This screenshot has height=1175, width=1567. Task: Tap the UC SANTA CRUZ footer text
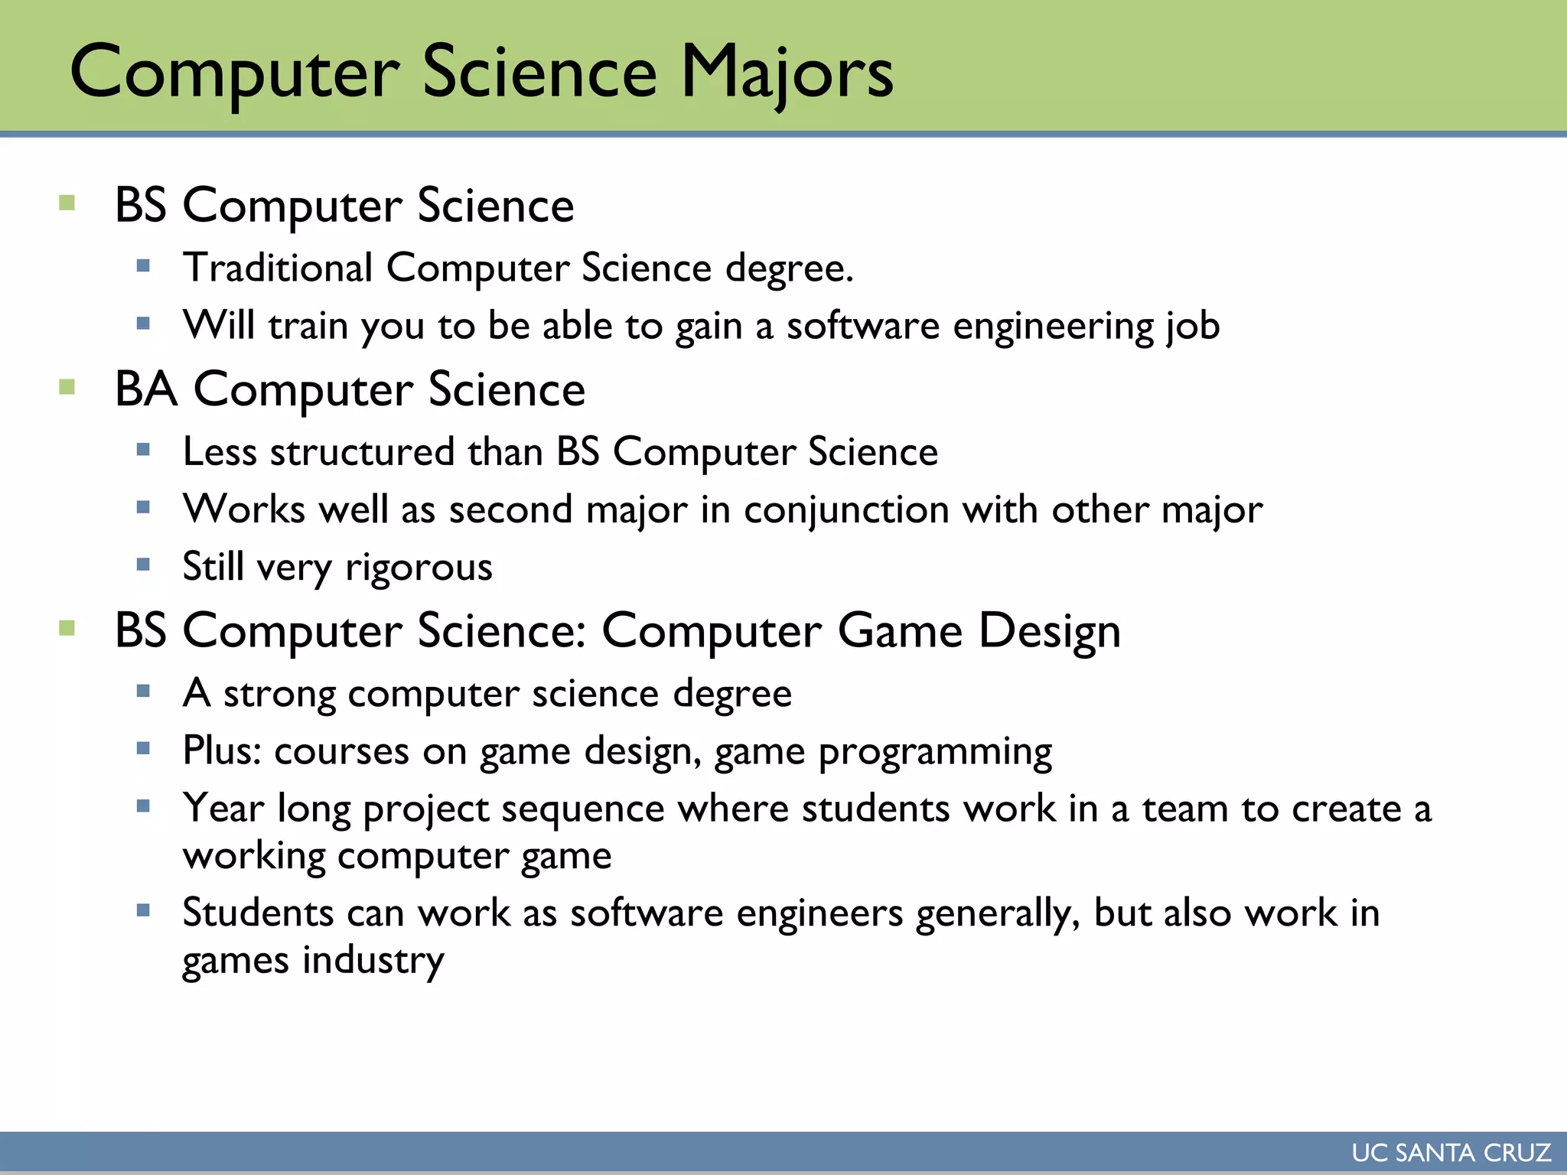click(x=1451, y=1152)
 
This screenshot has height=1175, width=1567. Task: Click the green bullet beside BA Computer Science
click(x=67, y=386)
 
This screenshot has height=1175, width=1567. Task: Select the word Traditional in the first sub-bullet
click(x=278, y=268)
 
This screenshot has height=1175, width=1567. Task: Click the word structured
click(x=363, y=451)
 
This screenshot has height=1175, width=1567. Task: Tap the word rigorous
click(x=419, y=568)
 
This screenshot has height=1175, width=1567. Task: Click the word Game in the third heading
click(x=900, y=631)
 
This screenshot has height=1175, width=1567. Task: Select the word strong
click(x=279, y=694)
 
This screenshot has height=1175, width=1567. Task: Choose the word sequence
click(x=583, y=809)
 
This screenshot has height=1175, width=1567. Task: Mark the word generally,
click(x=998, y=913)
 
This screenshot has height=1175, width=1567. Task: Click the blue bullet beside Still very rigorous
click(x=143, y=565)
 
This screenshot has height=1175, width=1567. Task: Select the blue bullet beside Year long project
click(x=143, y=806)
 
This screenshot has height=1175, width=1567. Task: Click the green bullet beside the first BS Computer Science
click(x=67, y=203)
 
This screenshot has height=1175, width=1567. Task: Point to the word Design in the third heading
click(x=1049, y=631)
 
